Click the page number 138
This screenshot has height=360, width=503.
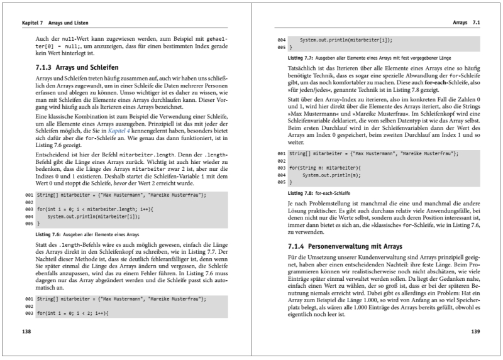(x=26, y=331)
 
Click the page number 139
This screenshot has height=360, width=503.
(x=475, y=331)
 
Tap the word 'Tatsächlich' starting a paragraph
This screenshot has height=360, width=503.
(x=304, y=67)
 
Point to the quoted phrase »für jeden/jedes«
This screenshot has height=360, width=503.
(x=311, y=90)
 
